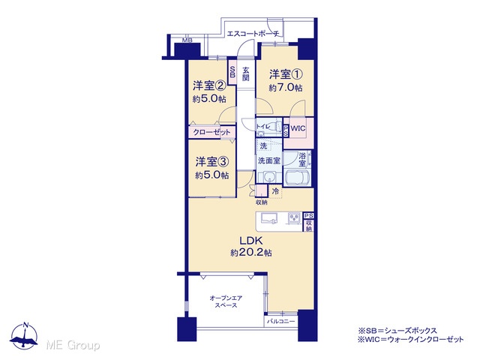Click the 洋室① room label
pyautogui.click(x=286, y=74)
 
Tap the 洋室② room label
pyautogui.click(x=209, y=86)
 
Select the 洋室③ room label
pyautogui.click(x=212, y=162)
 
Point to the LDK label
pyautogui.click(x=251, y=241)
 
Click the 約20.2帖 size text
pyautogui.click(x=251, y=253)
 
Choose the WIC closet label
pyautogui.click(x=298, y=128)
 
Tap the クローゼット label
pyautogui.click(x=211, y=133)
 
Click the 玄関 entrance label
pyautogui.click(x=245, y=73)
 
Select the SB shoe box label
pyautogui.click(x=232, y=72)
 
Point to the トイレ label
pyautogui.click(x=263, y=127)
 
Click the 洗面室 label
pyautogui.click(x=268, y=160)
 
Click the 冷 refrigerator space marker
pyautogui.click(x=275, y=192)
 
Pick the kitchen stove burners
pyautogui.click(x=295, y=218)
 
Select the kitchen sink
pyautogui.click(x=269, y=218)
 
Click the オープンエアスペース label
pyautogui.click(x=226, y=301)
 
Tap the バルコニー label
pyautogui.click(x=281, y=322)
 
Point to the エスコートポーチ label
pyautogui.click(x=253, y=34)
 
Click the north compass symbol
pyautogui.click(x=25, y=336)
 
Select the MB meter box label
pyautogui.click(x=187, y=40)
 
